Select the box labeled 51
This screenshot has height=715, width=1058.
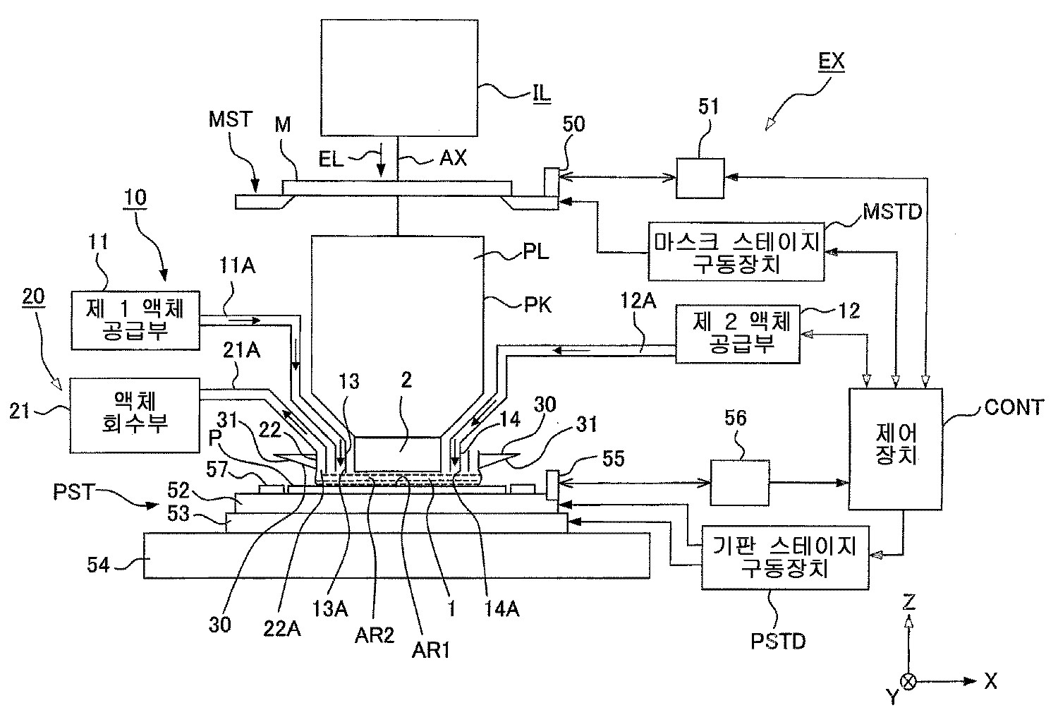(x=700, y=178)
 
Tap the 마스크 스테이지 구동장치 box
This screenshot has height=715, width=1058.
(x=736, y=251)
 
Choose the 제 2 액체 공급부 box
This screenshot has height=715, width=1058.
(x=737, y=334)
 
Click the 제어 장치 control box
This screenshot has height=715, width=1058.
(x=895, y=448)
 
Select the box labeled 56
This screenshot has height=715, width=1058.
(x=739, y=482)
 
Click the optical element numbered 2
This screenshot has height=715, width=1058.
(x=399, y=453)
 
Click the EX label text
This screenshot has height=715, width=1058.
(x=832, y=61)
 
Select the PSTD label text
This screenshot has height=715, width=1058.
(x=777, y=641)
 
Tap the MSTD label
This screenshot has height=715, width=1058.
(x=892, y=211)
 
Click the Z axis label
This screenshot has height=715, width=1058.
(x=910, y=602)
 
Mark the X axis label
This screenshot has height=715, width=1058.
(x=990, y=680)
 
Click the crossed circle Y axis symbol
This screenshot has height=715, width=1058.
(x=910, y=681)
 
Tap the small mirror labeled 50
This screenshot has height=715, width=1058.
(x=551, y=179)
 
